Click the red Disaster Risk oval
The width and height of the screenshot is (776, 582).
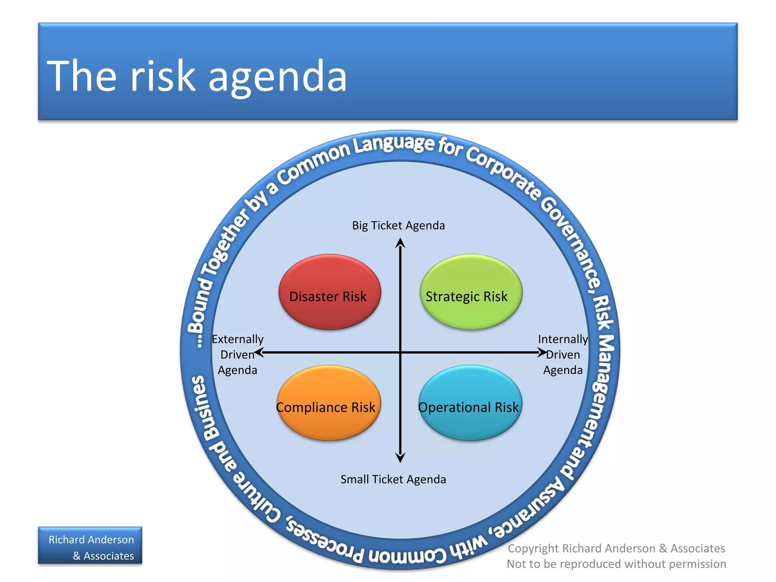(329, 292)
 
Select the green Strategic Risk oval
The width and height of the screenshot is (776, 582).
(471, 292)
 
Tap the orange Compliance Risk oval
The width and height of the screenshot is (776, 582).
(328, 403)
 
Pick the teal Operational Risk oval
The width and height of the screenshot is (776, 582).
(470, 403)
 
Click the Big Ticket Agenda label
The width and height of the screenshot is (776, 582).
(398, 225)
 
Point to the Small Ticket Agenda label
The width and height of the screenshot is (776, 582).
(393, 479)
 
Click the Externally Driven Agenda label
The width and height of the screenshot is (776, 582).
(238, 355)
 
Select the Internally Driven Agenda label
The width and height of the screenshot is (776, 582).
(563, 355)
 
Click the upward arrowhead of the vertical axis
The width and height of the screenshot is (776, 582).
(400, 242)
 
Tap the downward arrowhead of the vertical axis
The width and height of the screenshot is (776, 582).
(400, 458)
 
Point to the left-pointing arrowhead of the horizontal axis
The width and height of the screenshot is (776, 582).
(259, 353)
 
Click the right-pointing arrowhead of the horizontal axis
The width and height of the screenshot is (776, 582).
(543, 353)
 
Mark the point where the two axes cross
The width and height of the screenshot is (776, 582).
(400, 353)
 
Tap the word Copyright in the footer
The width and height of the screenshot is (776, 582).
(533, 548)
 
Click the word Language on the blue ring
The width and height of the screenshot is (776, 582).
(394, 144)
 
